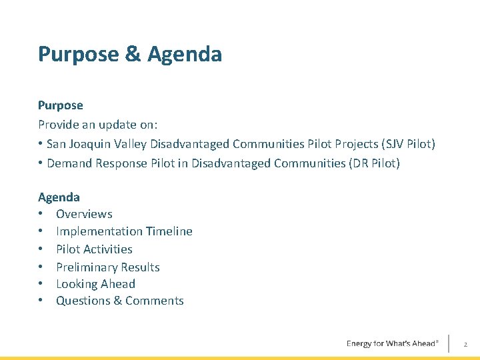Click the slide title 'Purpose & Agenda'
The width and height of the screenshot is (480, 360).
pyautogui.click(x=130, y=55)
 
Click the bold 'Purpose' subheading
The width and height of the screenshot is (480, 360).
pyautogui.click(x=61, y=105)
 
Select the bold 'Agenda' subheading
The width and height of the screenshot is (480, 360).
pyautogui.click(x=59, y=197)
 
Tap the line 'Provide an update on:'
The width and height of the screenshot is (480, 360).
pyautogui.click(x=97, y=125)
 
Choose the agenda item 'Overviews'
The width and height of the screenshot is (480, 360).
pyautogui.click(x=84, y=214)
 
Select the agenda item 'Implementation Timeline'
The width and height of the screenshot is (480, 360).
pyautogui.click(x=124, y=231)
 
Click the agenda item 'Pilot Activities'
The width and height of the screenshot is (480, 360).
pyautogui.click(x=94, y=249)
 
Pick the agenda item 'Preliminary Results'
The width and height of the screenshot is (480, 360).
pyautogui.click(x=107, y=267)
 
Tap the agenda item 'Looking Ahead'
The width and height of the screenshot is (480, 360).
pyautogui.click(x=95, y=284)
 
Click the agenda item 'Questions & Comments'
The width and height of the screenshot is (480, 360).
pyautogui.click(x=119, y=301)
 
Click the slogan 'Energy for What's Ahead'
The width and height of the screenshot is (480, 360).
pyautogui.click(x=392, y=343)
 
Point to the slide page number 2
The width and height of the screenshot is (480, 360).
pyautogui.click(x=465, y=344)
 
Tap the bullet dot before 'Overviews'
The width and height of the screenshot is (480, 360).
pyautogui.click(x=41, y=214)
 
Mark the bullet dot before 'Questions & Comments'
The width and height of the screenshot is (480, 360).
pyautogui.click(x=41, y=301)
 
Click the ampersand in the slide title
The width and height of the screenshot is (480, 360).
pyautogui.click(x=133, y=55)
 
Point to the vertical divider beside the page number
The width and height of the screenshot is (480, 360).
pyautogui.click(x=449, y=343)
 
